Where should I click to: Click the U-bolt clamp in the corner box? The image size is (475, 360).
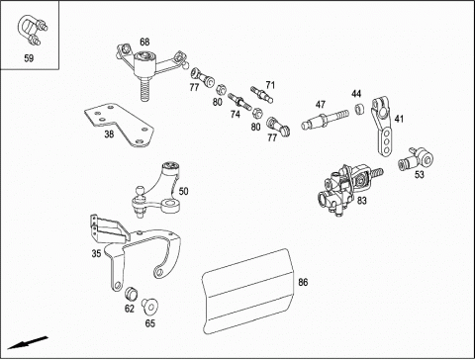click(x=32, y=30)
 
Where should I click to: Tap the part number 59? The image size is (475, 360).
click(x=29, y=58)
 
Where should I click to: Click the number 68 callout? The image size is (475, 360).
click(x=144, y=42)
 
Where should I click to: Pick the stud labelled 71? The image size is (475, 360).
click(x=261, y=94)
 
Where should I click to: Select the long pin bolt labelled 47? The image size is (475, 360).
click(x=325, y=120)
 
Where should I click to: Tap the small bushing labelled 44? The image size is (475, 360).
click(x=359, y=109)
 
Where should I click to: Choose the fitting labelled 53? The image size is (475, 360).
click(x=416, y=158)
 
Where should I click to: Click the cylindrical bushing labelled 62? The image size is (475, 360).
click(x=131, y=294)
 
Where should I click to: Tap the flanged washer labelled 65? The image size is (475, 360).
click(x=149, y=307)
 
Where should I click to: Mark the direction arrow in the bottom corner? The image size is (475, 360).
click(x=28, y=342)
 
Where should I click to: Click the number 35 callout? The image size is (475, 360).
click(x=96, y=253)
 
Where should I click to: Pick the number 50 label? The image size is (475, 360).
click(x=183, y=191)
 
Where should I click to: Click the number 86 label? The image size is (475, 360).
click(x=303, y=282)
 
